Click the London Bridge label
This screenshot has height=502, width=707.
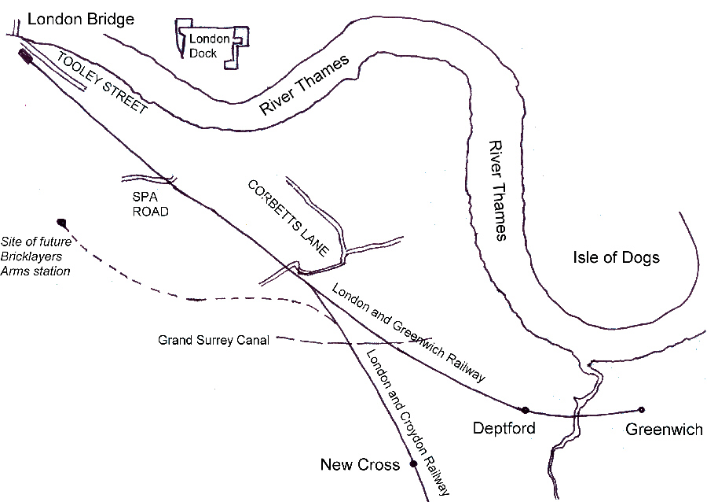[x=81, y=20]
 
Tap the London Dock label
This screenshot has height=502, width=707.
[x=209, y=46]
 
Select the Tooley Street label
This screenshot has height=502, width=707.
[x=102, y=83]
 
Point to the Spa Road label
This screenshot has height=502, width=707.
[x=150, y=204]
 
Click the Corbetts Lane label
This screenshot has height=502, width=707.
[x=288, y=218]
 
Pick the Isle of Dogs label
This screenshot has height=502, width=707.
[x=616, y=257]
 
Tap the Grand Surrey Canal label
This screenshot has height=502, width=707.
[x=214, y=340]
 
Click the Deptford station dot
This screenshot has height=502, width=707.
[x=525, y=411]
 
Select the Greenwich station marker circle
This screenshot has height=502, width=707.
[x=641, y=410]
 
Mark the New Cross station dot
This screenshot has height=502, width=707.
[x=413, y=463]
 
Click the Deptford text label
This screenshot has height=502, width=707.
[x=504, y=428]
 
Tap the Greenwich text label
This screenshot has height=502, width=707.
[x=664, y=429]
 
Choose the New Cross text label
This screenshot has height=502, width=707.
[x=360, y=464]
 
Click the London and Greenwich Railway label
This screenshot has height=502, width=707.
[x=408, y=333]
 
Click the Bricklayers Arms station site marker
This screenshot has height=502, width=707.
[x=61, y=223]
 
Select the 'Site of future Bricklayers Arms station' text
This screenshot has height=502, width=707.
[x=36, y=257]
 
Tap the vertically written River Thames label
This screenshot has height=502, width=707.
[x=498, y=190]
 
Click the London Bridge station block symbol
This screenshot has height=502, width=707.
[x=25, y=57]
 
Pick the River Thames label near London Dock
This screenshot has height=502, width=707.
[x=304, y=85]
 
